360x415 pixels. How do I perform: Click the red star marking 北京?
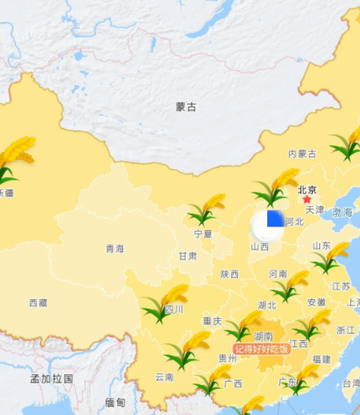[307, 199]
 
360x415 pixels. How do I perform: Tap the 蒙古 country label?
[186, 107]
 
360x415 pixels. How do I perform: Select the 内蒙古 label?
[302, 153]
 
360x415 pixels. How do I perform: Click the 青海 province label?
[115, 248]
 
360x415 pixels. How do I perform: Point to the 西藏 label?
[38, 302]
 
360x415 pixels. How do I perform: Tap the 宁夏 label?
[203, 234]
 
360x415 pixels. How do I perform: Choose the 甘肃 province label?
[187, 256]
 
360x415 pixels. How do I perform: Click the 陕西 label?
[229, 275]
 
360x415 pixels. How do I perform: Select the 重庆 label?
[212, 320]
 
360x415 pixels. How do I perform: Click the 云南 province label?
[164, 377]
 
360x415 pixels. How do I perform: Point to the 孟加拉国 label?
[51, 378]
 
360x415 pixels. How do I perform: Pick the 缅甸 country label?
[115, 403]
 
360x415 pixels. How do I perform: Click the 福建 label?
[321, 359]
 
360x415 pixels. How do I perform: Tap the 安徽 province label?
[316, 302]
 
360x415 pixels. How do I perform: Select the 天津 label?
[314, 210]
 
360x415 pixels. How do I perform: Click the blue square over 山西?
[274, 219]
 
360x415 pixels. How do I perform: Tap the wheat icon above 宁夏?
[207, 209]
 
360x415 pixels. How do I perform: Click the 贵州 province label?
[227, 358]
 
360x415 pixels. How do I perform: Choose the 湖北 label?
[266, 305]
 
